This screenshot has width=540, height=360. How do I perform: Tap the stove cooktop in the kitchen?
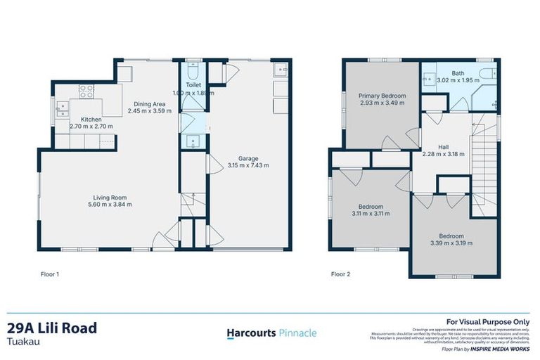[x=86, y=91]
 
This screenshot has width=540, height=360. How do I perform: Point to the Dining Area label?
[x=148, y=104]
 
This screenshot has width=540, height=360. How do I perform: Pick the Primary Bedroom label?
[x=381, y=96]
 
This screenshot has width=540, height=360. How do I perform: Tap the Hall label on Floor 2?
[x=443, y=147]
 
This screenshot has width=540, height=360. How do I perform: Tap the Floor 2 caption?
[x=341, y=273]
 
